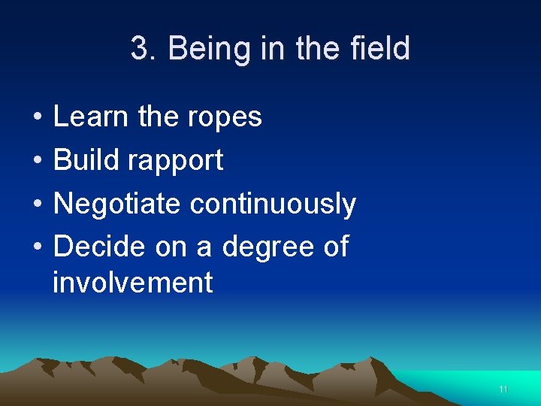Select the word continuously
point(273,205)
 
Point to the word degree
point(265,247)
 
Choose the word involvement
point(133,283)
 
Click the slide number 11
point(503,389)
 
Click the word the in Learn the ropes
point(159,117)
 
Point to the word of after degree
point(334,246)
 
